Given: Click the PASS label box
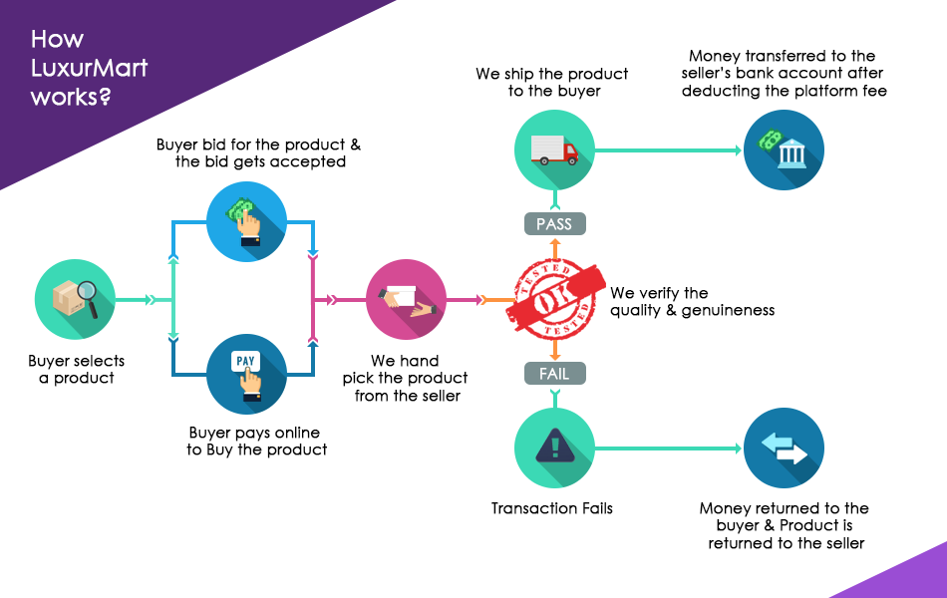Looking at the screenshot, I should [554, 224].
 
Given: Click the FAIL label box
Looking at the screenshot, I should [554, 374].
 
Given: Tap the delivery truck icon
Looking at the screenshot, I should [555, 150].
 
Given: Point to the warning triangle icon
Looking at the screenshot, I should [554, 448].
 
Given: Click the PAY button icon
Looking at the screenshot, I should [245, 361].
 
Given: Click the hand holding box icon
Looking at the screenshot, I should [406, 300].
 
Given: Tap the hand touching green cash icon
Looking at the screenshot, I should [245, 221].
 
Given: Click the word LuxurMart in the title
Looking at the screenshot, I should [89, 69].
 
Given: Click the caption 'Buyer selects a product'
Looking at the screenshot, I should [77, 369].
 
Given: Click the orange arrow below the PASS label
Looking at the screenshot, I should [554, 248].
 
